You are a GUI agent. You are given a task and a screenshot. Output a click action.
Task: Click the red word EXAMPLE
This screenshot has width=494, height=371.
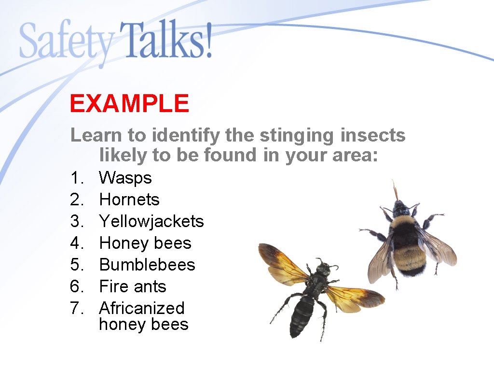129,103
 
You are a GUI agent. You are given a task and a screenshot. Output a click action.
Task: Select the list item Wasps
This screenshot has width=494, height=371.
125,178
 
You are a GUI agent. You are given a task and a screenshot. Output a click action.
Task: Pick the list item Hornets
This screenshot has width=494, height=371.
129,200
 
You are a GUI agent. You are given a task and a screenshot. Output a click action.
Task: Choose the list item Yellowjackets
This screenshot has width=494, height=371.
151,221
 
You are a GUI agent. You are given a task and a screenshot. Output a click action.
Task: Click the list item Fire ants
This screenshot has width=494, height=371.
132,286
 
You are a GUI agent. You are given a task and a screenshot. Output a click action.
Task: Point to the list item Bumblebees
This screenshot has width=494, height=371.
147,265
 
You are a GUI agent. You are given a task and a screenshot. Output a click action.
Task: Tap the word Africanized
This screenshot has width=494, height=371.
141,308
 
